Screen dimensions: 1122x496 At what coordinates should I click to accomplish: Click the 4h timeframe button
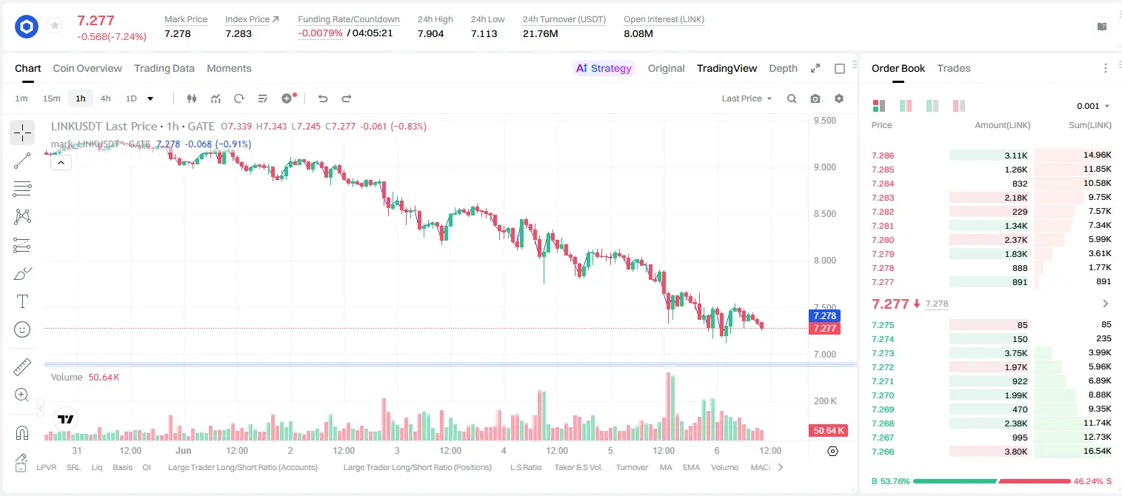click(105, 98)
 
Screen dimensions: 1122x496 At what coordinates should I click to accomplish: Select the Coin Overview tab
click(87, 68)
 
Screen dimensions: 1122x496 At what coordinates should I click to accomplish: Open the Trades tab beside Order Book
click(954, 68)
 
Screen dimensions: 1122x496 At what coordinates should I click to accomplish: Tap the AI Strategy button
click(604, 68)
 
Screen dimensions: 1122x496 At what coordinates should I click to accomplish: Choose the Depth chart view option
click(783, 68)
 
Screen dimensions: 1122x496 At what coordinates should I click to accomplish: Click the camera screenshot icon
click(815, 98)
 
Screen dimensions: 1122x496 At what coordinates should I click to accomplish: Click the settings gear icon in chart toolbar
click(839, 98)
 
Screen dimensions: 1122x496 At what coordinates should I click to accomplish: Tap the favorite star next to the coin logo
click(55, 25)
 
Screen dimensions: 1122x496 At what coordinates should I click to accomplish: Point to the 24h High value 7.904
click(430, 33)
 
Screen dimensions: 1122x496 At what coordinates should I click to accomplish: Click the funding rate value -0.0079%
click(320, 33)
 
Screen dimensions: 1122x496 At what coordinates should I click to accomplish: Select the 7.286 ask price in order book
click(883, 155)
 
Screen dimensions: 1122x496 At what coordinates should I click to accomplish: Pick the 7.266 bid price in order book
click(883, 452)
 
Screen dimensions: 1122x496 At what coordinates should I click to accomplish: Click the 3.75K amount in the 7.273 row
click(1016, 353)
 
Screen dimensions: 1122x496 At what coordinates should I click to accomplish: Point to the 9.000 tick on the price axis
click(825, 167)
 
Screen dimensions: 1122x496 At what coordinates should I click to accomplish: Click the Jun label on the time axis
click(184, 450)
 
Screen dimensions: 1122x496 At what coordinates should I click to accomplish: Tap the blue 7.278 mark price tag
click(824, 316)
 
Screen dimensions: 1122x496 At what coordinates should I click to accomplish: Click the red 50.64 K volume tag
click(828, 430)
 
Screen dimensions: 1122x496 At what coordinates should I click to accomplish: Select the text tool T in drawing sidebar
click(22, 301)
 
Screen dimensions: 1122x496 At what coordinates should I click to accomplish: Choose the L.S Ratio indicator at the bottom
click(525, 467)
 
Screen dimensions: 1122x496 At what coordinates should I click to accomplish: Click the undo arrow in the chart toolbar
click(323, 98)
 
